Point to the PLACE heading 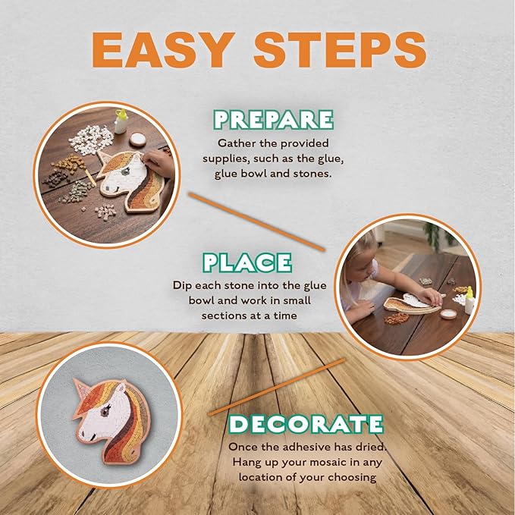point(247,262)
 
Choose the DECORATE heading point(306,423)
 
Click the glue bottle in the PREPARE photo point(119,121)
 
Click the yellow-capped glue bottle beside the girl point(468,300)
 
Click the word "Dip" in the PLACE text point(183,287)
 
